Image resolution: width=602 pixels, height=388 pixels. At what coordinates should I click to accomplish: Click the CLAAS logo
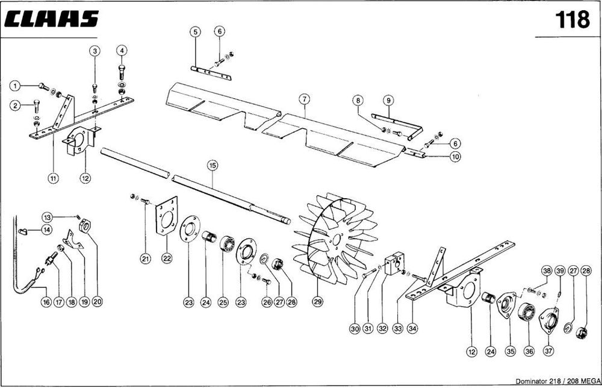point(51,19)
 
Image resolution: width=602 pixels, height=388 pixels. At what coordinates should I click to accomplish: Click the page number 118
point(572,20)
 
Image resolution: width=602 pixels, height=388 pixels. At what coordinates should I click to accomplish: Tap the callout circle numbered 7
point(304,99)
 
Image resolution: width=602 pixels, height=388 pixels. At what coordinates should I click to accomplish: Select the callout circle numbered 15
point(213,166)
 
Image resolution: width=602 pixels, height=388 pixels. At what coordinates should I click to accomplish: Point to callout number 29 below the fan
point(317,302)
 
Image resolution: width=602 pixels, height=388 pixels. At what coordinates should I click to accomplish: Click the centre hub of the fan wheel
point(337,240)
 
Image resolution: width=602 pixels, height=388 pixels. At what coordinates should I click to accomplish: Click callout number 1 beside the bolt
point(14,86)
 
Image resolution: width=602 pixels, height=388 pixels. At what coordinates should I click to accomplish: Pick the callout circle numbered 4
point(122,51)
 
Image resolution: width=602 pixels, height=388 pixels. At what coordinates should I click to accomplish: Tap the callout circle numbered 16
point(46,302)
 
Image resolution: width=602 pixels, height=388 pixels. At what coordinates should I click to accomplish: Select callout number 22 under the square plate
point(167,258)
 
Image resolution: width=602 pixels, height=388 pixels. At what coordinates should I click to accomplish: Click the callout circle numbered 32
point(382,328)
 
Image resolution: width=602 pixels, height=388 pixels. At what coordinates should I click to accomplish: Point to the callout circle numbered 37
point(548,351)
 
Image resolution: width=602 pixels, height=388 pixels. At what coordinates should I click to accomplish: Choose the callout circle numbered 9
point(388,101)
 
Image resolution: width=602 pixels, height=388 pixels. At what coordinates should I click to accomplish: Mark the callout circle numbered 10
point(455,157)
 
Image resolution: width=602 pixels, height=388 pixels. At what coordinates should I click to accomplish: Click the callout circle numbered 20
point(98,302)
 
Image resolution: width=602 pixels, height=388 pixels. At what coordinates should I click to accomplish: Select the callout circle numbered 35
point(510,351)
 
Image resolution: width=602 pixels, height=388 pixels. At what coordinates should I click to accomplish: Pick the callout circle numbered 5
point(196,31)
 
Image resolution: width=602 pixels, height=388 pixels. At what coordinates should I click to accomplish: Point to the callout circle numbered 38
point(547,271)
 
